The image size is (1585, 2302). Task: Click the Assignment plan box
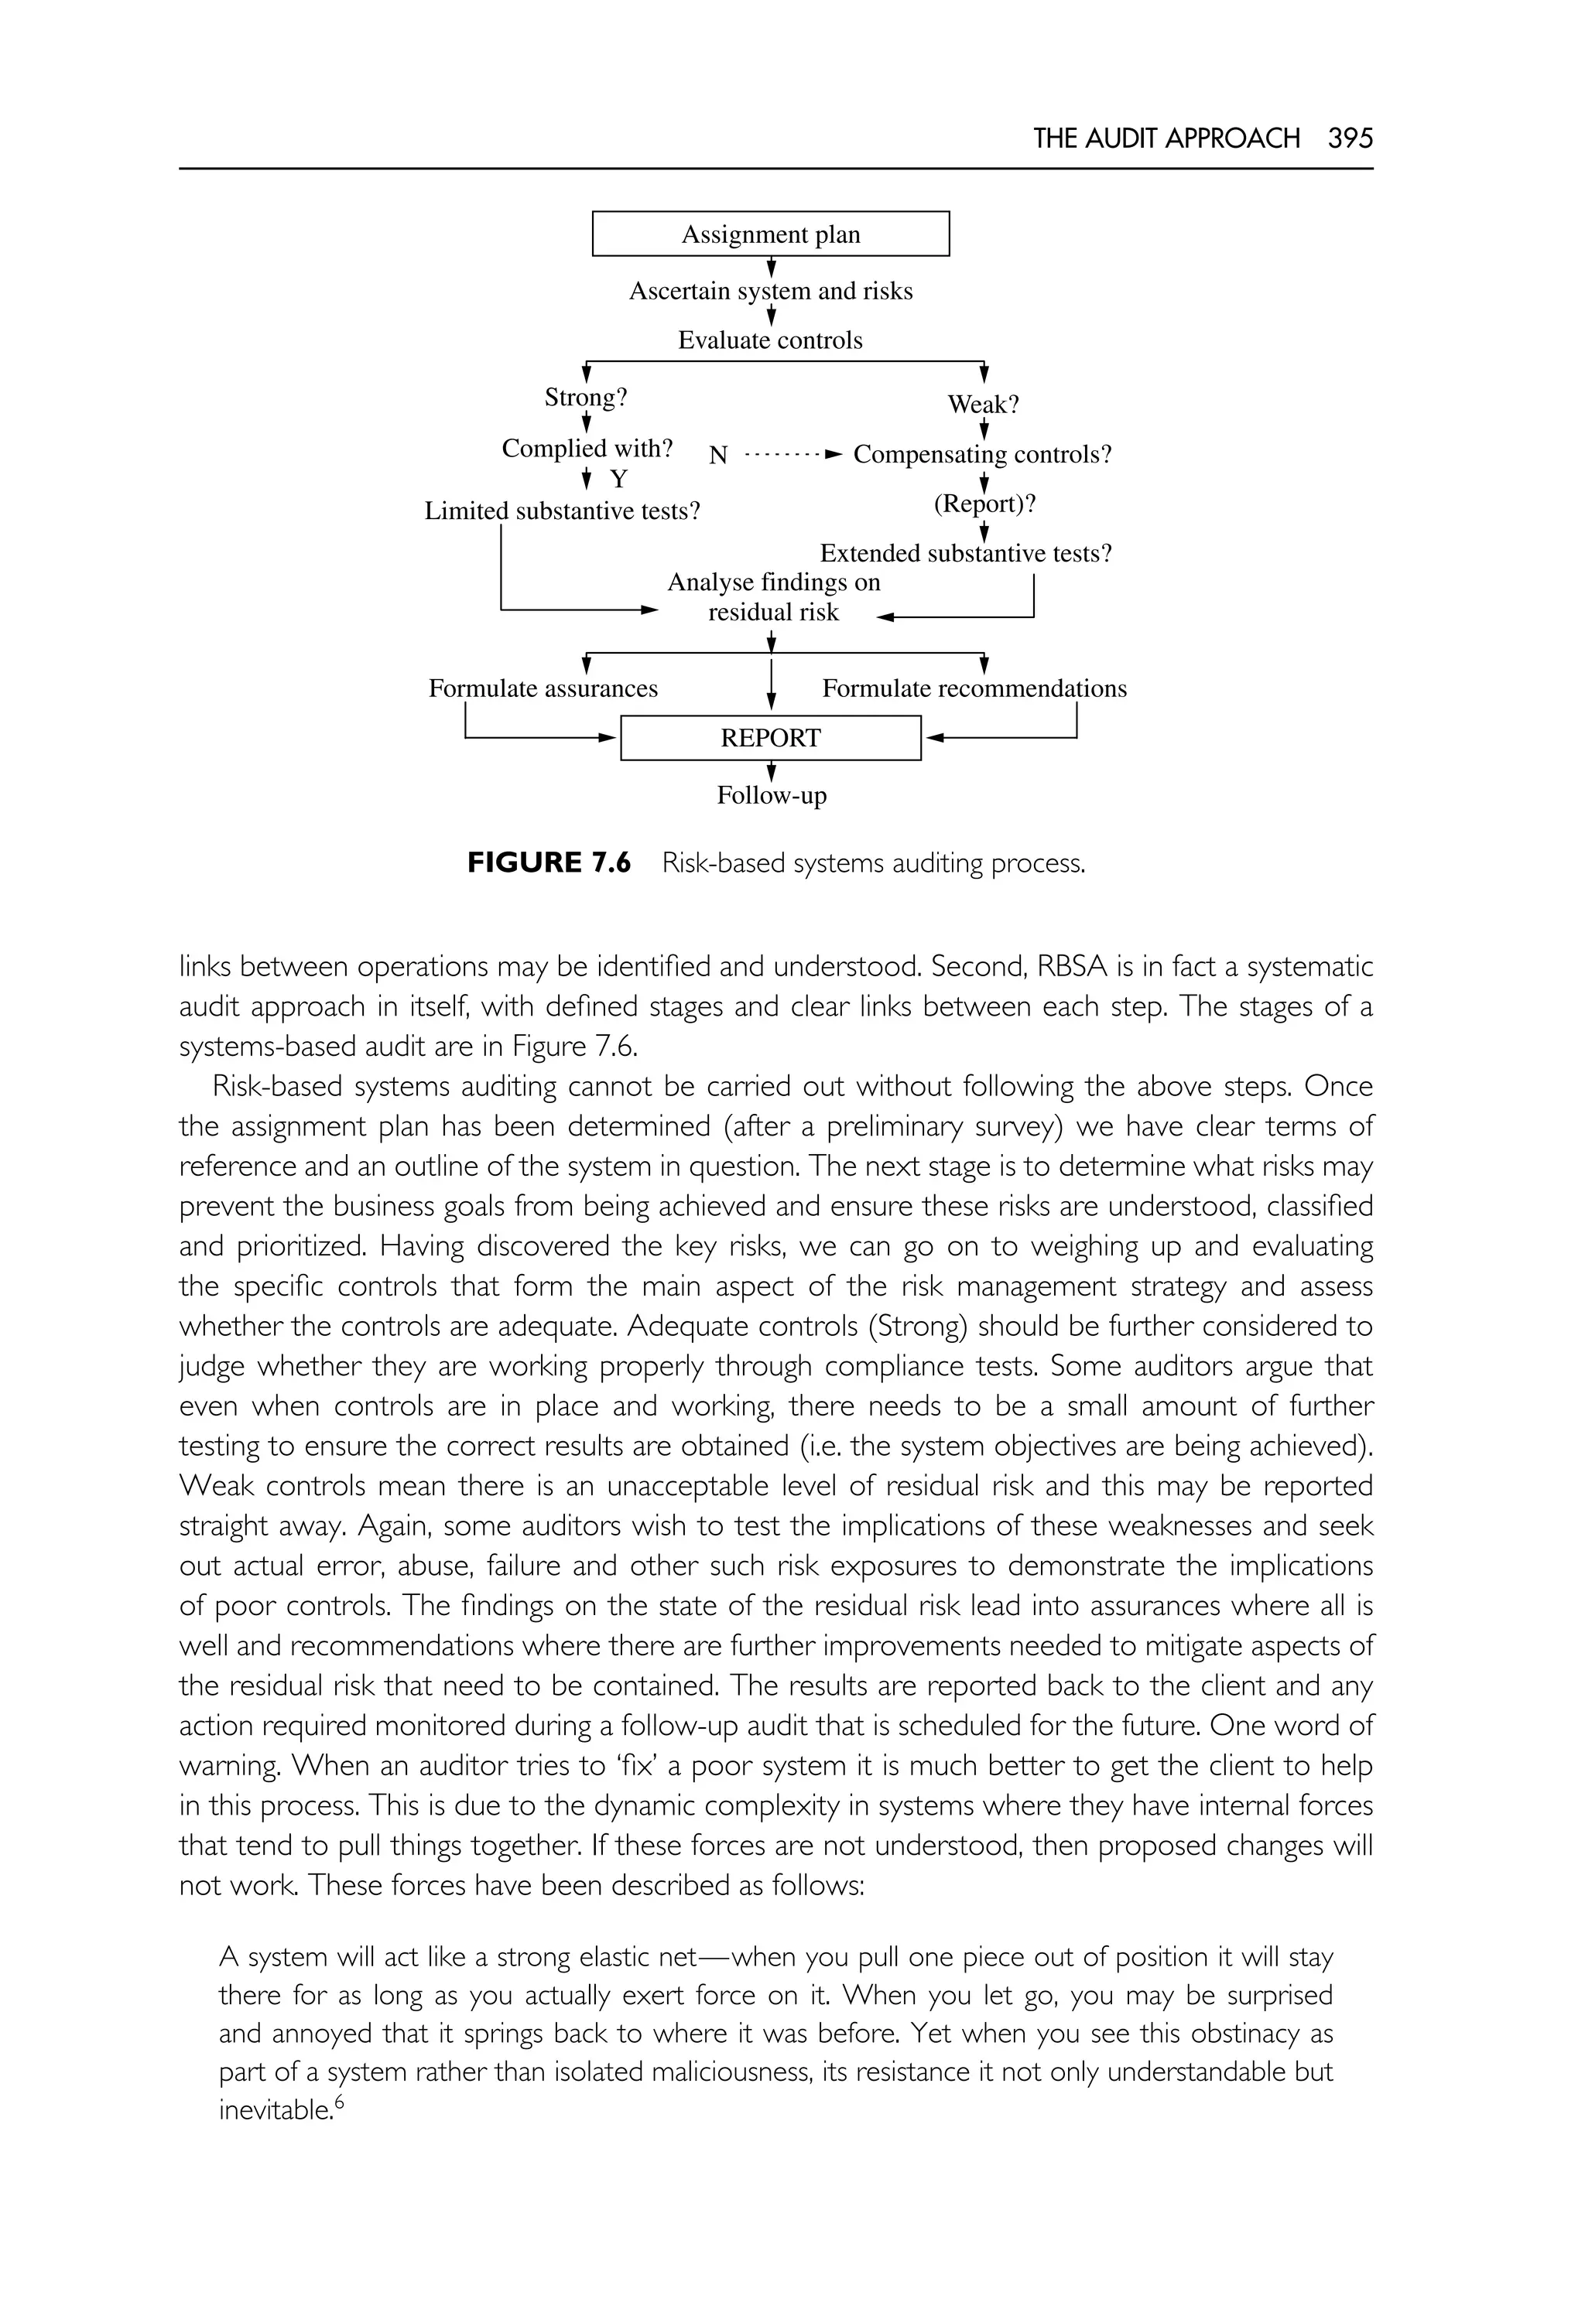click(x=771, y=234)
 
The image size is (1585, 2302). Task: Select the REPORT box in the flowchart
click(x=771, y=738)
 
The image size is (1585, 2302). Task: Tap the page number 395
click(x=1350, y=138)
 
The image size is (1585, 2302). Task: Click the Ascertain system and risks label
click(x=771, y=291)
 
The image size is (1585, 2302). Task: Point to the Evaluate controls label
click(x=771, y=340)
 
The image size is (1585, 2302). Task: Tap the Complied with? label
click(x=587, y=449)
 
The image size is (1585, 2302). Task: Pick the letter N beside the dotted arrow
click(x=718, y=456)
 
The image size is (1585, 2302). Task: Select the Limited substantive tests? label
click(x=562, y=511)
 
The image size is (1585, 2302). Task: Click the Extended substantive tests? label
click(x=965, y=553)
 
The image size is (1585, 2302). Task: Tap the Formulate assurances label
click(x=543, y=689)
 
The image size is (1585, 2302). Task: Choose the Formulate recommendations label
click(x=974, y=689)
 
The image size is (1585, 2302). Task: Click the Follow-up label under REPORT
click(x=772, y=795)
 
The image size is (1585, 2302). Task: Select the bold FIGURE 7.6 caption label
click(x=548, y=862)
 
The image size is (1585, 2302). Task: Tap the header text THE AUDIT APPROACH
click(x=1166, y=138)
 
